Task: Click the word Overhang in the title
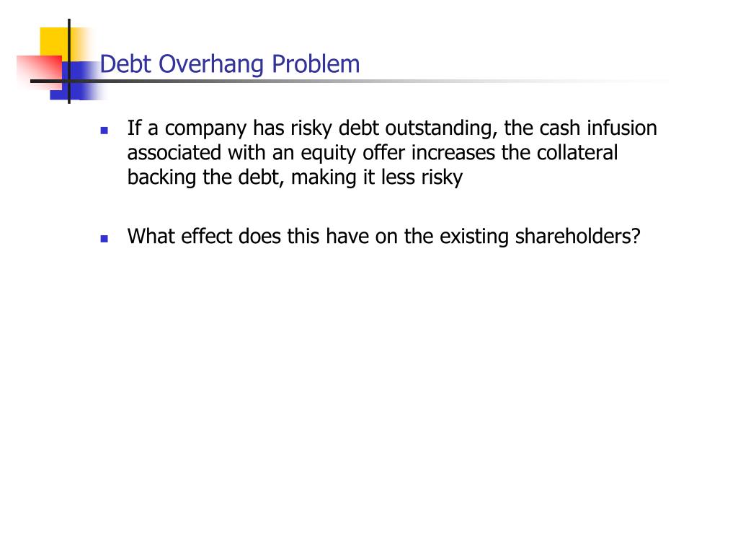pos(213,65)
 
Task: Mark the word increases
pos(447,154)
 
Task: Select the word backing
pos(162,178)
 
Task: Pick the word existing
pos(471,237)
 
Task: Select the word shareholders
pos(577,237)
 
